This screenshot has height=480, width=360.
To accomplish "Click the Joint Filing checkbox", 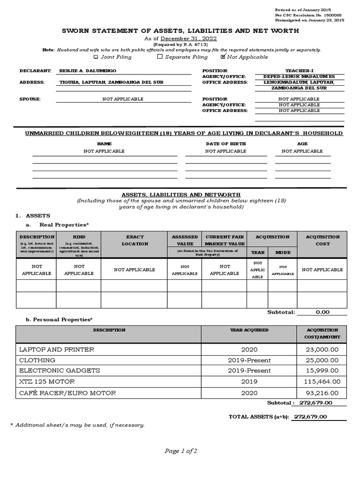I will point(96,57).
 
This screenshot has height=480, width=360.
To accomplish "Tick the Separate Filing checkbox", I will point(160,57).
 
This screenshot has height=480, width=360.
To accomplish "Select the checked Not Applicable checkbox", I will point(223,57).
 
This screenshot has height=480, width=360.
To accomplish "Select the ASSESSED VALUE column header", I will point(185,240).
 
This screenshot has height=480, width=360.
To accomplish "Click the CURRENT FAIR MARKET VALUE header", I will point(225,240).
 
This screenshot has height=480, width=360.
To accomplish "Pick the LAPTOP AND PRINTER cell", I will point(56,350).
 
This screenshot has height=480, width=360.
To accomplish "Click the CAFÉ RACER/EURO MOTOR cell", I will point(67,393).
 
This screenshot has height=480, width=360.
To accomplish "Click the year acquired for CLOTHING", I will point(249,360).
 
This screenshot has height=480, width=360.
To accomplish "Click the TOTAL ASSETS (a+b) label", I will point(259,417).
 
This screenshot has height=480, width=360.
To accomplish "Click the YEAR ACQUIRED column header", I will point(249,330).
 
